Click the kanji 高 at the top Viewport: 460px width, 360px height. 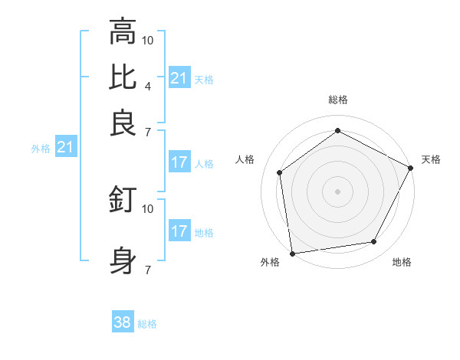point(123,31)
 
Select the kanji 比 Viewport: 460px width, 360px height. point(123,77)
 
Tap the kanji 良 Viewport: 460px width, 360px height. point(123,123)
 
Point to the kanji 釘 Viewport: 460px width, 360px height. point(123,200)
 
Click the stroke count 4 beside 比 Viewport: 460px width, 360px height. point(147,86)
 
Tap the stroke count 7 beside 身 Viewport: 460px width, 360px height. point(147,270)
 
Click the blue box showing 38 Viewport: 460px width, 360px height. point(123,322)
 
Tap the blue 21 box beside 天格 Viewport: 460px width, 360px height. point(179,78)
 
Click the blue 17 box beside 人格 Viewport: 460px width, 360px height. point(179,162)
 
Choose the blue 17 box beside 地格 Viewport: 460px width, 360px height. point(179,231)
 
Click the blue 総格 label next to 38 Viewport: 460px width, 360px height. point(147,324)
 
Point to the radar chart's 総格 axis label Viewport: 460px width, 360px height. point(338,100)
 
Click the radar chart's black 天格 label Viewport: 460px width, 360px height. point(431,159)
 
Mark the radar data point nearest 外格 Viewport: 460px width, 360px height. point(292,253)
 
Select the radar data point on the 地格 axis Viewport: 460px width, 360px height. point(374,242)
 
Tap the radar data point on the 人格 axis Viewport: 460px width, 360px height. point(280,172)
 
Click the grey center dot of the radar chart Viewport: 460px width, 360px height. point(338,191)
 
